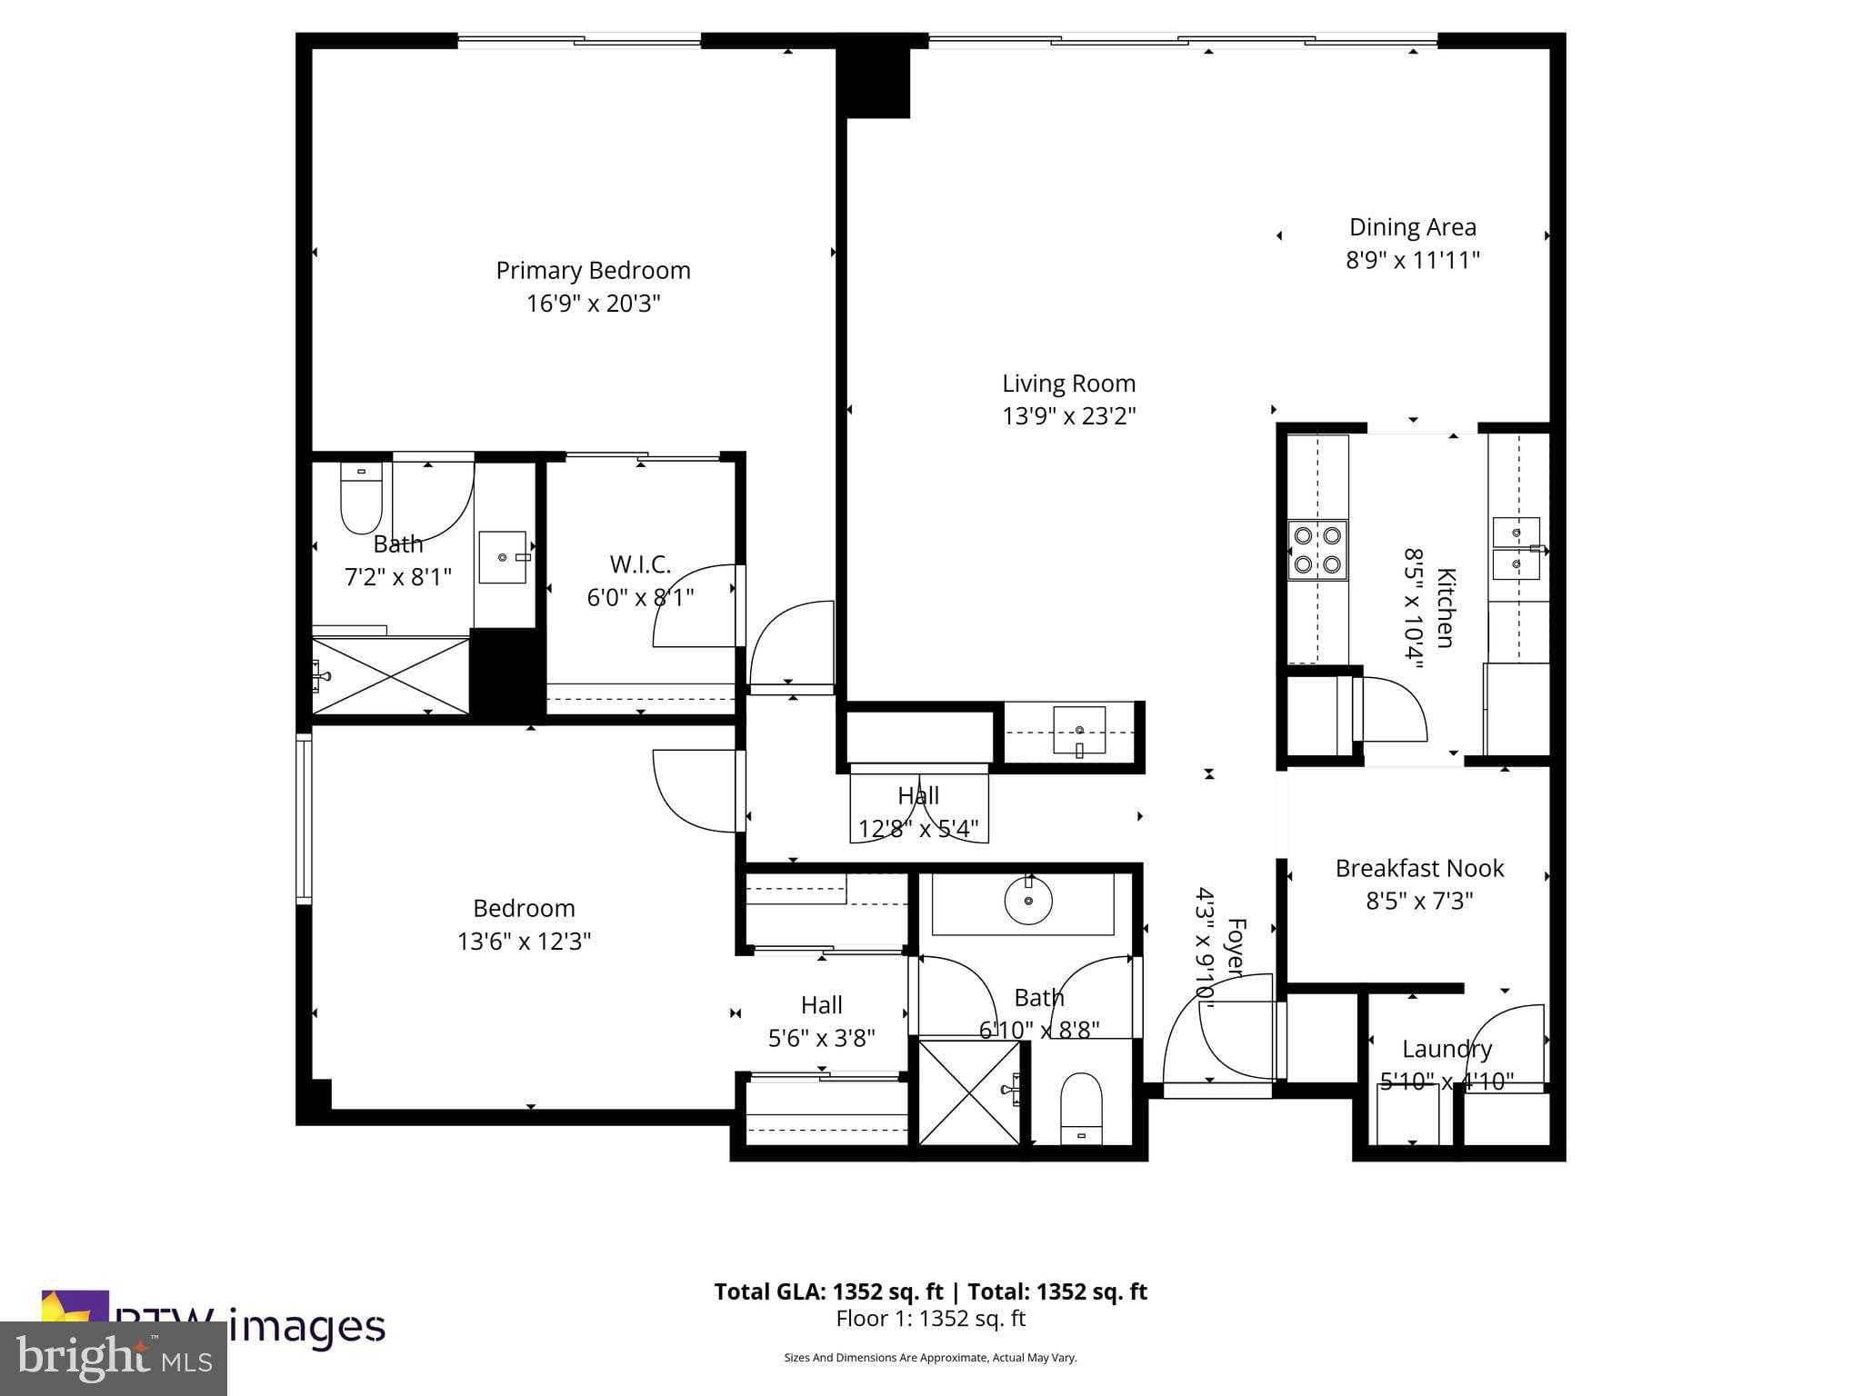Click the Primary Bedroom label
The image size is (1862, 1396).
[593, 271]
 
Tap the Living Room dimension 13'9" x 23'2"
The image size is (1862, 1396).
[1068, 416]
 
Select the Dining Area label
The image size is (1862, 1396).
[1412, 227]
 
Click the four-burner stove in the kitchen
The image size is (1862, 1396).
[1317, 550]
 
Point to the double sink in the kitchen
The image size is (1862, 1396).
[1517, 548]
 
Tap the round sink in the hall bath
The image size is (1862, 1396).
[1028, 901]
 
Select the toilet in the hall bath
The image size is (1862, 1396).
[1081, 1109]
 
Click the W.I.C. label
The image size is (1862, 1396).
[640, 564]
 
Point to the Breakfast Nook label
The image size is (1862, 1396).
[1419, 868]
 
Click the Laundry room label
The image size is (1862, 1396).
[1447, 1049]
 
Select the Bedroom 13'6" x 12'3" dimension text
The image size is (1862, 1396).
[524, 941]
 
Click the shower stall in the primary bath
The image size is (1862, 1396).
[391, 675]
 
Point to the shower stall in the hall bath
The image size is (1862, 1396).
[970, 1092]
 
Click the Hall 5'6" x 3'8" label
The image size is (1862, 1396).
[821, 1005]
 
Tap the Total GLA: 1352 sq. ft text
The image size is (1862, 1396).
[827, 1291]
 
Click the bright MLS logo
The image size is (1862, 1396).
[114, 1358]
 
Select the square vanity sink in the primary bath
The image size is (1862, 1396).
[503, 557]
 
